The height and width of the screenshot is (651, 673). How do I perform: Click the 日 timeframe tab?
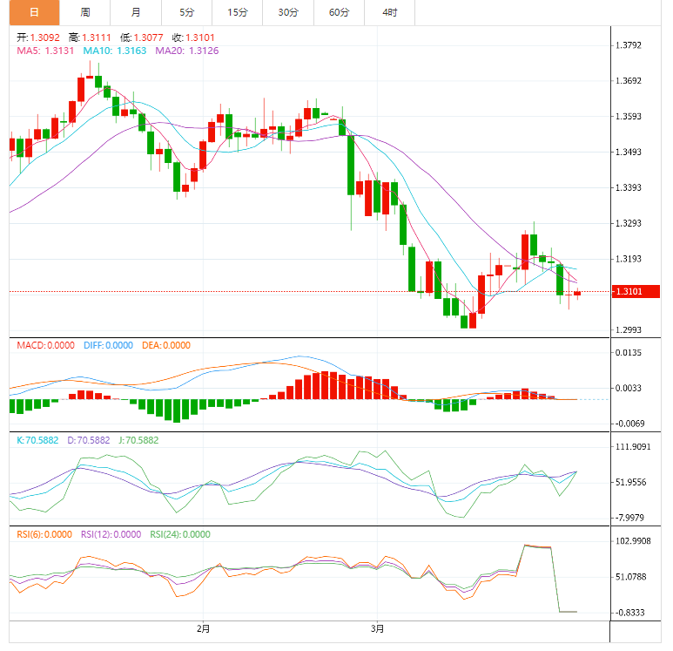(34, 12)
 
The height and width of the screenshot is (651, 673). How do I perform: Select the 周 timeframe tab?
(85, 12)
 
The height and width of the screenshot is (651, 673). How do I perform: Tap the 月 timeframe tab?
(136, 12)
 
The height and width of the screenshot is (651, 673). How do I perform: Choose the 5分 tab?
(187, 12)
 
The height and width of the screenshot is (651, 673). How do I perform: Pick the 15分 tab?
(237, 12)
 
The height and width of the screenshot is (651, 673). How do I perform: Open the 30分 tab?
(288, 12)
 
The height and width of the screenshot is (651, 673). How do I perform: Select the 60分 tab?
(339, 12)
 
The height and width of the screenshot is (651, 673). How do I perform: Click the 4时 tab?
(389, 12)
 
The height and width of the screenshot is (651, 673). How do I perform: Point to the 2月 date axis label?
(204, 627)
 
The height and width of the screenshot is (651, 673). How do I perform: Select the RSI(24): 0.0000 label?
(181, 534)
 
